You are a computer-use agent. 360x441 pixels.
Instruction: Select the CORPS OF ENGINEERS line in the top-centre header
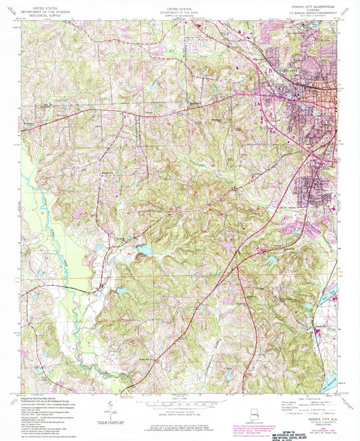pyautogui.click(x=180, y=12)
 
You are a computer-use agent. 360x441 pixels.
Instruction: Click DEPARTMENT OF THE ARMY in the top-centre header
pyautogui.click(x=180, y=8)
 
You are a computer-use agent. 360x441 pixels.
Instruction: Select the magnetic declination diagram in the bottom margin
pyautogui.click(x=108, y=407)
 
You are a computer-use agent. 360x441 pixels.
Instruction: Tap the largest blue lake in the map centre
pyautogui.click(x=145, y=251)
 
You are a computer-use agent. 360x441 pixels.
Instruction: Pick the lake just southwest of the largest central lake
pyautogui.click(x=122, y=292)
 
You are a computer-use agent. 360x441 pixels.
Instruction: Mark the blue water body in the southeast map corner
pyautogui.click(x=330, y=382)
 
